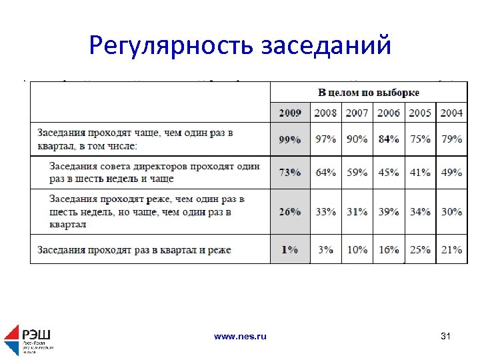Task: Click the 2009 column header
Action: [290, 113]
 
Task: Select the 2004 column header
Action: [451, 113]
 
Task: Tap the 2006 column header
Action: [389, 113]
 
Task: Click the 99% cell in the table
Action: [290, 139]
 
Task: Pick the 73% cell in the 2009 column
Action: [290, 173]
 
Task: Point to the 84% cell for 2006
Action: [389, 139]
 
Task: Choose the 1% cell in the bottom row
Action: [290, 249]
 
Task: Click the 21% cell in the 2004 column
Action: [451, 249]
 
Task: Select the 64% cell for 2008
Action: [325, 173]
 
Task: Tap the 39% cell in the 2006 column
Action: [389, 211]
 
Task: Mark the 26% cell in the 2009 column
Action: [290, 211]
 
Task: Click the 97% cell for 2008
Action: [325, 139]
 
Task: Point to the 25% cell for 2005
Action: [420, 249]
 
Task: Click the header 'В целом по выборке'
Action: [368, 93]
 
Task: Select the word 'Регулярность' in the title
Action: [171, 45]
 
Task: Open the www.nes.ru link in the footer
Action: [240, 337]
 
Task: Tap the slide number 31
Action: [446, 337]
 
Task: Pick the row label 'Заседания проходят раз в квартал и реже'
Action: [134, 250]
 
